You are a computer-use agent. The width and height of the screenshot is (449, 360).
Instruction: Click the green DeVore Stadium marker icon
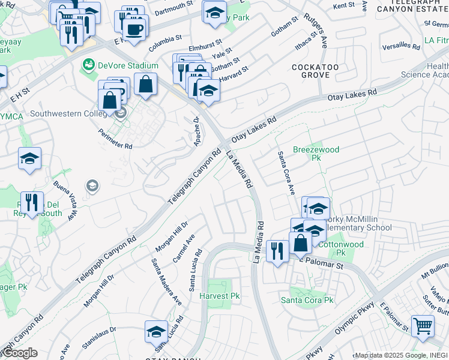[x=89, y=64]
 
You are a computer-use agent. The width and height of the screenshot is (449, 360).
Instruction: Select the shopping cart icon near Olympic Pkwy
[x=423, y=327]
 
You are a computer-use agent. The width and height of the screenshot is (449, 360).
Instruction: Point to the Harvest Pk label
[x=220, y=296]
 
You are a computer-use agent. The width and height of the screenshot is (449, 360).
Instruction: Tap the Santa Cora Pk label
[x=307, y=299]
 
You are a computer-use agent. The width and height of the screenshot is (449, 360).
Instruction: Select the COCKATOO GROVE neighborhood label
[x=311, y=71]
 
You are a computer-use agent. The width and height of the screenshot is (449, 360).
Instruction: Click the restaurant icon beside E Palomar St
[x=276, y=251]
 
